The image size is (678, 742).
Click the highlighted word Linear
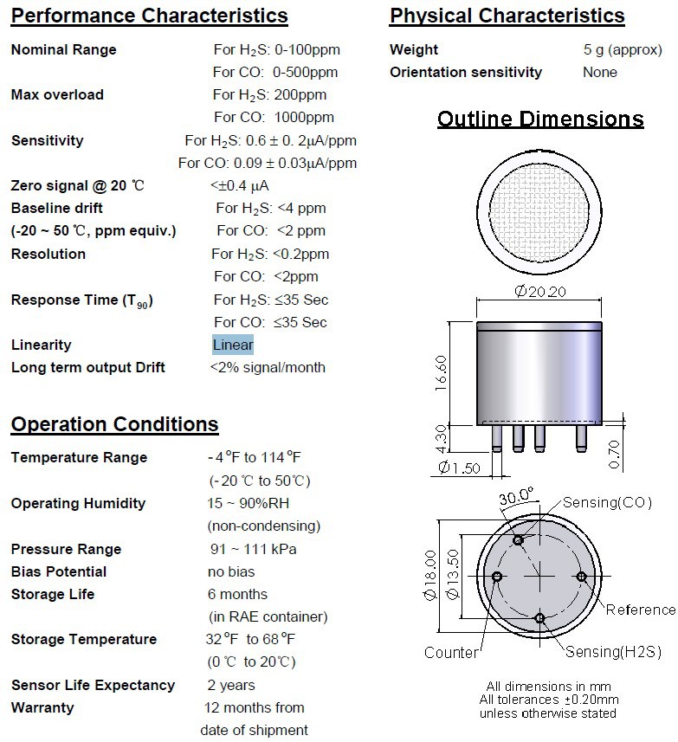[x=233, y=345]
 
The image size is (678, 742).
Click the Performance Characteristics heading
[x=149, y=16]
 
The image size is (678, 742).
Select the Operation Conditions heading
[x=114, y=424]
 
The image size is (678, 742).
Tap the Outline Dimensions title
[x=540, y=119]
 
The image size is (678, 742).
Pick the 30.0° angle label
[x=517, y=497]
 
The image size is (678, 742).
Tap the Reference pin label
[x=640, y=610]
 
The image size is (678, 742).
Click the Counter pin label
[x=451, y=652]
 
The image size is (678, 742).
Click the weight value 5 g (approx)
[x=617, y=49]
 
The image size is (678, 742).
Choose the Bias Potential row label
[x=59, y=571]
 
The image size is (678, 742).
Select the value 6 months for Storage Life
[x=237, y=594]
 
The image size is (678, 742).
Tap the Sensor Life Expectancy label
[x=93, y=685]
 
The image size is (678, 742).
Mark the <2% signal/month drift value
[x=268, y=367]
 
